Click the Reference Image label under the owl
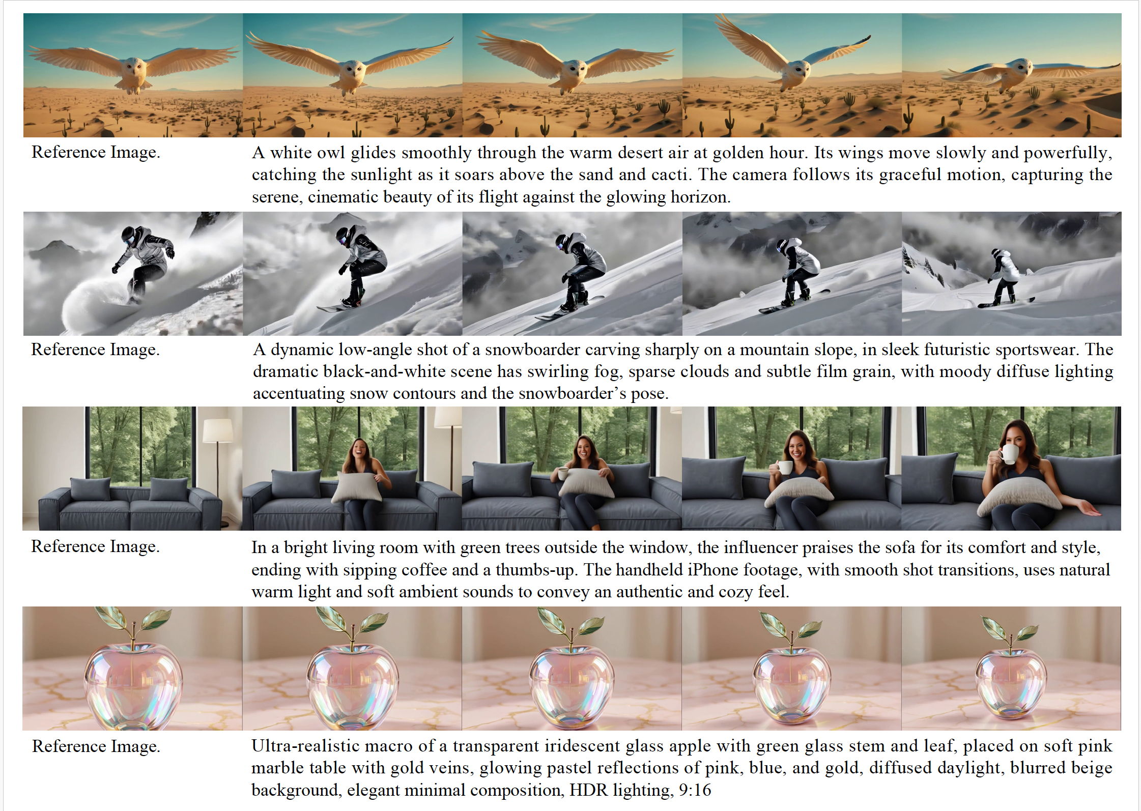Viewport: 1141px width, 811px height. [96, 152]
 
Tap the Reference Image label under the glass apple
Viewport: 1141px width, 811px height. [96, 746]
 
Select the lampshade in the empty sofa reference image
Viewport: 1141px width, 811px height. [217, 430]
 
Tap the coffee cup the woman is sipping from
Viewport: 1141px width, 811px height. [1009, 454]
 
